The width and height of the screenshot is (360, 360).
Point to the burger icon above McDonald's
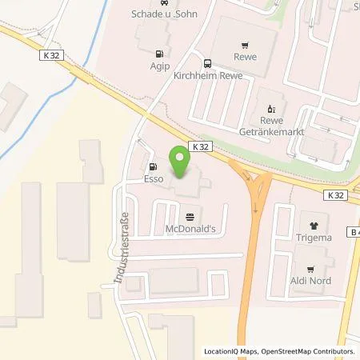point(190,216)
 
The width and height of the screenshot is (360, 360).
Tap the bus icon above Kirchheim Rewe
point(207,63)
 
